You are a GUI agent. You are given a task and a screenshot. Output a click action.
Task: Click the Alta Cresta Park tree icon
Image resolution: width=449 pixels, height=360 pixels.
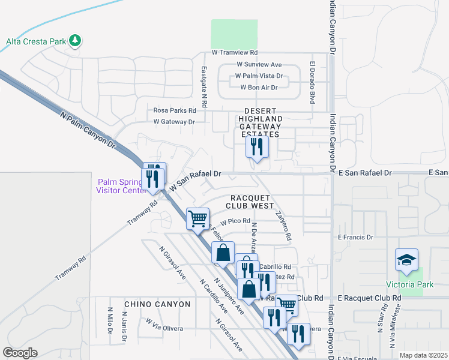point(75,41)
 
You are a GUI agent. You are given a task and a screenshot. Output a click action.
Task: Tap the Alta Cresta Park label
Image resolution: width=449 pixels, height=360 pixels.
point(36,41)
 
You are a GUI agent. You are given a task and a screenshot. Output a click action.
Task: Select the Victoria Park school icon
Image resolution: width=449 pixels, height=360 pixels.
point(406,260)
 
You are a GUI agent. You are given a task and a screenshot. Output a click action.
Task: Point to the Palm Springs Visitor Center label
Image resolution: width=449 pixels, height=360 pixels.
point(120,186)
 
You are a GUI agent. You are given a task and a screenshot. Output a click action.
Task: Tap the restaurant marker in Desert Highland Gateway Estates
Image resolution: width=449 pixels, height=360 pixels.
point(257,147)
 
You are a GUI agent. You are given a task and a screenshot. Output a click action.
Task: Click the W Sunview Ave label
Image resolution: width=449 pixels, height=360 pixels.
point(259,64)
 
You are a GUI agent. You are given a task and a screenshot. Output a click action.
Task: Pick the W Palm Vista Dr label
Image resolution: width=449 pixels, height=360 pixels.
point(259,76)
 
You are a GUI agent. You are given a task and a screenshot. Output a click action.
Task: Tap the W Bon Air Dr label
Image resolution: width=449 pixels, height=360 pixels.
point(259,88)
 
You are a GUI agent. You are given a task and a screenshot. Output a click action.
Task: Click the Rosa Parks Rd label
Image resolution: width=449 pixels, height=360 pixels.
point(175,110)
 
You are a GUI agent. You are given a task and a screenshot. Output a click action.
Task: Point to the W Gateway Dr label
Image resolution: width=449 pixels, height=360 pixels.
point(174,122)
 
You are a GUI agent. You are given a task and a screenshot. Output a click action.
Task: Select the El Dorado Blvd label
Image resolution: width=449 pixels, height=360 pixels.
point(312,82)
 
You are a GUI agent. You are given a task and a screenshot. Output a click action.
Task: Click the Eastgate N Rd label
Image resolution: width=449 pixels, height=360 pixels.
point(205,87)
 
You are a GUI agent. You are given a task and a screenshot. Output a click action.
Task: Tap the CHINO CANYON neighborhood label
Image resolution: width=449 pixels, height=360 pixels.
point(157,304)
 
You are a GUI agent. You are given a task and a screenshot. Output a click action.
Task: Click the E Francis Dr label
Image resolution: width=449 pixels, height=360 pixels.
point(355,238)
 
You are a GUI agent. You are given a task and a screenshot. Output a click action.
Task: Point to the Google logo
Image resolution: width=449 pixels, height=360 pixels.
point(20,353)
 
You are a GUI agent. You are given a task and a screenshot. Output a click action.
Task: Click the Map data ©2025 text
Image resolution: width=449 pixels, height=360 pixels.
point(423,355)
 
